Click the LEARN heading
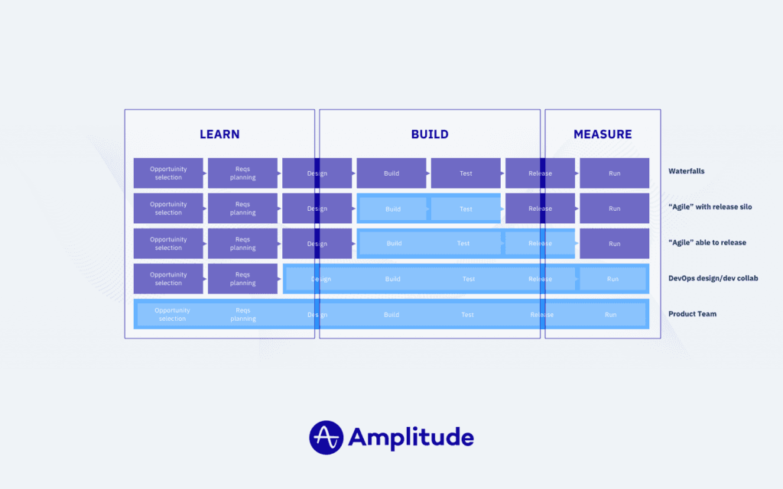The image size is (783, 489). (x=219, y=134)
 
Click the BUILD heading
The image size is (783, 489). (x=430, y=134)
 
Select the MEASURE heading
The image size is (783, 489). (x=603, y=134)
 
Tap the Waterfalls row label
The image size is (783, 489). (x=686, y=171)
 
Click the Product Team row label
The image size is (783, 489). (x=692, y=314)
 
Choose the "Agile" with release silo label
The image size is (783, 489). (x=710, y=207)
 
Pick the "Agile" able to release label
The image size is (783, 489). (x=707, y=243)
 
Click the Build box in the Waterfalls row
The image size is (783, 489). (x=391, y=173)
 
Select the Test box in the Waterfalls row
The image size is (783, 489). (x=466, y=173)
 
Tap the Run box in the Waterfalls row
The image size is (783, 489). (x=614, y=173)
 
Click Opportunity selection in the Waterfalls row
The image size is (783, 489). (x=168, y=173)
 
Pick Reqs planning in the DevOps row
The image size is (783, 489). (x=242, y=279)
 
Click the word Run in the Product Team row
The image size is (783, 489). (x=610, y=315)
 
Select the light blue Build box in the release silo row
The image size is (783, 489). (x=393, y=209)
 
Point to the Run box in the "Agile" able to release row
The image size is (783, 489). (x=614, y=244)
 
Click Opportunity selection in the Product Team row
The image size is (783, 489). (x=172, y=315)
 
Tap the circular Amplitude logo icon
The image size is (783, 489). (x=327, y=437)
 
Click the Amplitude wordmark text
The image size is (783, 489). (x=411, y=437)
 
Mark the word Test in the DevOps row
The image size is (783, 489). (x=469, y=279)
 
